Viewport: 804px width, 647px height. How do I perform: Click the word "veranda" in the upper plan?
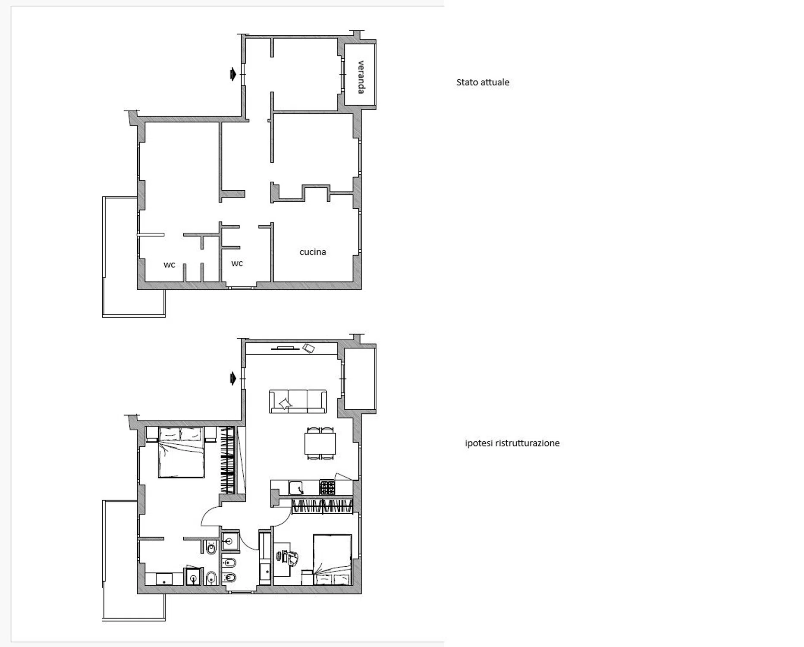(361, 77)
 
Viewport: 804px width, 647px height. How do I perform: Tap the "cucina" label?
(313, 252)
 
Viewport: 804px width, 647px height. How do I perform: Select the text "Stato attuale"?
(483, 82)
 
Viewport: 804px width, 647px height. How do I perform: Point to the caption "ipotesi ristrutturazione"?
(512, 443)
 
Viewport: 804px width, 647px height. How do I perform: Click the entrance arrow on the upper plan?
(233, 74)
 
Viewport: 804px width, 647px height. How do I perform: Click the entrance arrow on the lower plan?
(233, 379)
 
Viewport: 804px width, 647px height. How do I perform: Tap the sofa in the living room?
(298, 402)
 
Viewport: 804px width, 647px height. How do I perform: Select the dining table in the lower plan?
(320, 443)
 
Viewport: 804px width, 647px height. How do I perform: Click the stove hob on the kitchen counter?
(327, 488)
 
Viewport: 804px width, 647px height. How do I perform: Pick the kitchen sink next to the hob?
(296, 488)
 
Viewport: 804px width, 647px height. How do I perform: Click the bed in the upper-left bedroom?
(181, 452)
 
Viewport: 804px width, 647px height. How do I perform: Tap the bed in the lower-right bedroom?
(332, 559)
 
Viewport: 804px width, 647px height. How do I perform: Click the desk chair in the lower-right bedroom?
(292, 558)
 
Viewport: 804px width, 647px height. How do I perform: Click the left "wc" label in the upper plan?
(169, 265)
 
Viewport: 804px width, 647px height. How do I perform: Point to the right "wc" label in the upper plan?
(237, 263)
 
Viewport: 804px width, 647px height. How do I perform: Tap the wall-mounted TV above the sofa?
(285, 348)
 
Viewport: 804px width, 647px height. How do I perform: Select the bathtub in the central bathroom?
(265, 558)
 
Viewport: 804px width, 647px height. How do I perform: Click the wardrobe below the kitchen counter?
(322, 506)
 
